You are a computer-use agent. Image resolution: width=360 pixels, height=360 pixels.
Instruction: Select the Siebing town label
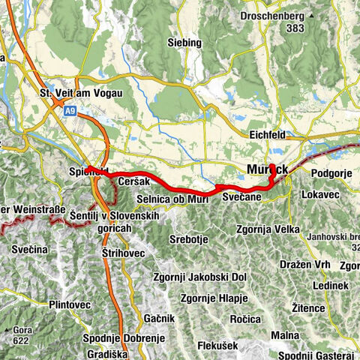pos(184,43)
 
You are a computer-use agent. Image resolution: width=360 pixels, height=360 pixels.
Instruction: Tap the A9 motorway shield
pos(69,110)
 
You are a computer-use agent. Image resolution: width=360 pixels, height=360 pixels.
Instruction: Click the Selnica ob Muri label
pos(166,198)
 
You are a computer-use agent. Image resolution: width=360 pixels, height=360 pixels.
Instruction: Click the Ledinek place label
pos(331,286)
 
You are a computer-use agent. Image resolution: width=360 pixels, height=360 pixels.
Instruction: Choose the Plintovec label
pos(69,304)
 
